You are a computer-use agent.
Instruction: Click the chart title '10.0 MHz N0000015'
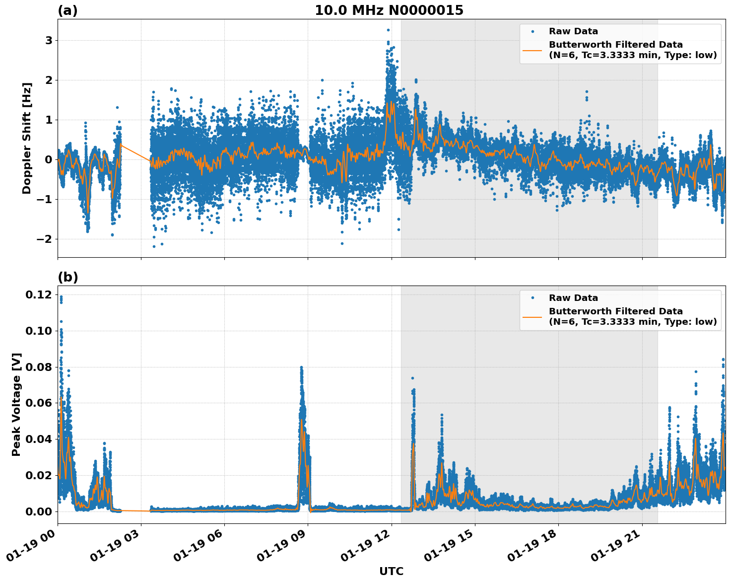(389, 10)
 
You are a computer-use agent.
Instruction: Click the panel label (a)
(67, 10)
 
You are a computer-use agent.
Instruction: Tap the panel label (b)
(67, 277)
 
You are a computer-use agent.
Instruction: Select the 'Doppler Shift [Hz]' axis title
(27, 138)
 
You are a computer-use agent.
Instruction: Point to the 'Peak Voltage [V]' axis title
(16, 404)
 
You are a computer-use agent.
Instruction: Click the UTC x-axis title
(391, 571)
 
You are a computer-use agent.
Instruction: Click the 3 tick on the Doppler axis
(49, 40)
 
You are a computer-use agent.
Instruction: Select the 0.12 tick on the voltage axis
(39, 295)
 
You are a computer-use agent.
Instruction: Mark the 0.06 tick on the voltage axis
(39, 403)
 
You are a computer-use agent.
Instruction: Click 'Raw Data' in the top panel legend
(573, 31)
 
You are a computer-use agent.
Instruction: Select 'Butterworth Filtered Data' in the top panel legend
(615, 45)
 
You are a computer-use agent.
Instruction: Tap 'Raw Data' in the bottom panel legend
(573, 298)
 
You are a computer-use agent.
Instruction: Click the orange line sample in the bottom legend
(532, 316)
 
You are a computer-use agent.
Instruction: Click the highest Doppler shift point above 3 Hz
(388, 30)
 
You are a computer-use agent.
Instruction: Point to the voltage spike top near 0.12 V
(61, 297)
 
